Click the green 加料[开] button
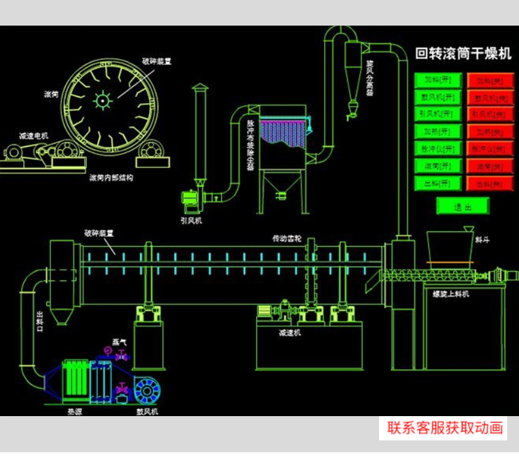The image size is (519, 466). [x=438, y=80]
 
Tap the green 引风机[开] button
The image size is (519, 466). [x=438, y=114]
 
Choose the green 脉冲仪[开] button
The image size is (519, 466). [x=438, y=148]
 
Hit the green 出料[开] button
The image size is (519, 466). [x=438, y=183]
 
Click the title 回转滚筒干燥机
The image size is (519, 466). [x=463, y=54]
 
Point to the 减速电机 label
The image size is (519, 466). [x=34, y=136]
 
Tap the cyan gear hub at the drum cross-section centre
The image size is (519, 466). [x=102, y=100]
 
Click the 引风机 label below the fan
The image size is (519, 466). [x=191, y=221]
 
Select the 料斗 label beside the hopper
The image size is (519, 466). [x=482, y=240]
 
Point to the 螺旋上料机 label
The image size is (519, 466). [x=451, y=294]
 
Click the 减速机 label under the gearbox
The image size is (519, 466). [x=289, y=333]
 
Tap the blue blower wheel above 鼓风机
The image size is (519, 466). [x=147, y=391]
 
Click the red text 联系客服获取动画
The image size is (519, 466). [x=445, y=429]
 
